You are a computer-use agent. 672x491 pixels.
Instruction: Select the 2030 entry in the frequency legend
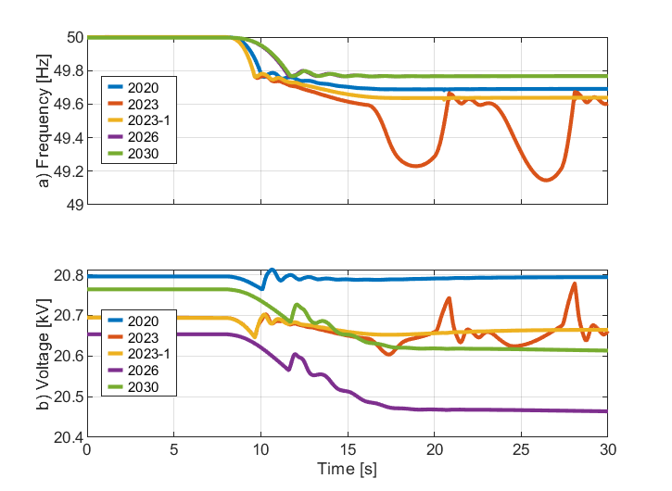[x=147, y=154]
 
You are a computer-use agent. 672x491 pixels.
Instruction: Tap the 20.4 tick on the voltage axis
[x=70, y=436]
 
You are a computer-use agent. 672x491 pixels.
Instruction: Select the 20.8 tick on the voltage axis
[x=70, y=276]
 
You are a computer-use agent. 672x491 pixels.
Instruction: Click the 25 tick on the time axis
[x=521, y=449]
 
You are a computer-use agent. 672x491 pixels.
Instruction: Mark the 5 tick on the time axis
[x=173, y=449]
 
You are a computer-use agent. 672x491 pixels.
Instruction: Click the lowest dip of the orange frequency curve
[x=547, y=181]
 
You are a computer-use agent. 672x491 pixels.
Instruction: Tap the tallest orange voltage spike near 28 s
[x=575, y=283]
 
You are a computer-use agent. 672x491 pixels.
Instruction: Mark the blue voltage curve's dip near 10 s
[x=261, y=290]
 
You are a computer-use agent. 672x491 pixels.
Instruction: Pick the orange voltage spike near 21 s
[x=450, y=298]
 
